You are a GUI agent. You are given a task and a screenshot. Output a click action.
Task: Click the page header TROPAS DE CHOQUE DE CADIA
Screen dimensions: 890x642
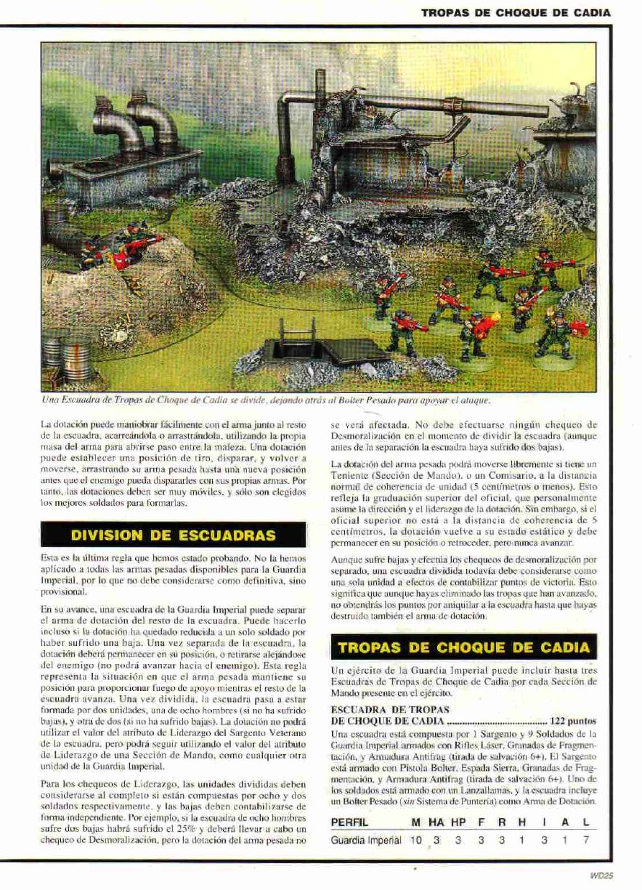[x=516, y=12]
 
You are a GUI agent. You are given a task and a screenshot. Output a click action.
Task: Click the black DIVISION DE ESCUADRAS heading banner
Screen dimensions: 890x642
[x=173, y=535]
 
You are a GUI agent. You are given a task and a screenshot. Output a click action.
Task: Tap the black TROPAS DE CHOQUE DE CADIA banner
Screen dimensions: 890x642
[x=462, y=647]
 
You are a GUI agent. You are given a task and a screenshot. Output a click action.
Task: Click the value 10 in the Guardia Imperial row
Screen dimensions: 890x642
[x=416, y=840]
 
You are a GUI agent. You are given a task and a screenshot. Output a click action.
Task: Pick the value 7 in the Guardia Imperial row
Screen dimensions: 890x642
[x=586, y=840]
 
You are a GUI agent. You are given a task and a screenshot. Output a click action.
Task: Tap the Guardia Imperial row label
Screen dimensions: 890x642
[x=366, y=840]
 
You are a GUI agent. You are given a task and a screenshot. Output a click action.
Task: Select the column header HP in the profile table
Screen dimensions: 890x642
[x=458, y=822]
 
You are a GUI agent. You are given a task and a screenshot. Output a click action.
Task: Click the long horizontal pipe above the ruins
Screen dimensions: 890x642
[x=436, y=106]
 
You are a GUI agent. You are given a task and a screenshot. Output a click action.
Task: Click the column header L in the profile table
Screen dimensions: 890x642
[x=586, y=822]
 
